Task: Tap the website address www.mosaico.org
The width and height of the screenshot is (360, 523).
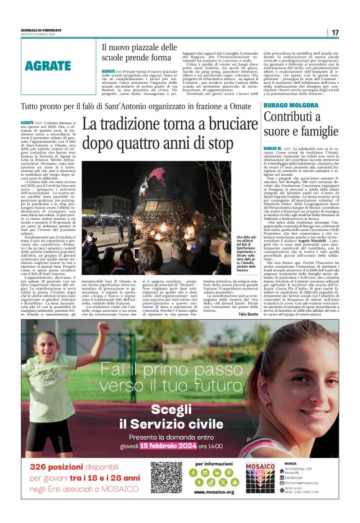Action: [214, 491]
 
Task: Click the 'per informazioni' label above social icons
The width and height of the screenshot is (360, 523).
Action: [214, 464]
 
